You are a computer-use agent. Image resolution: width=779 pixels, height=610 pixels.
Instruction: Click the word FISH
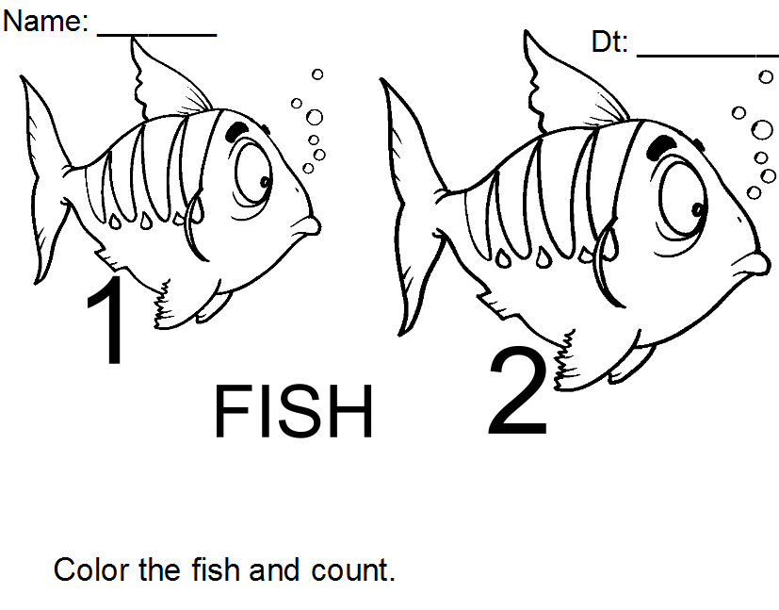coord(293,412)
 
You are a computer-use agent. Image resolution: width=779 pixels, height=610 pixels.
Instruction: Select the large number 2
coord(518,391)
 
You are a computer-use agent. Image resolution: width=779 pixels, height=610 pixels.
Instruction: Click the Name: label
coord(45,22)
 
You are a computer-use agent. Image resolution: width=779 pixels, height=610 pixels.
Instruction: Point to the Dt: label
coord(609,41)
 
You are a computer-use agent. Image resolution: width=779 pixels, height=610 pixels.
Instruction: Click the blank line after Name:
coord(157,35)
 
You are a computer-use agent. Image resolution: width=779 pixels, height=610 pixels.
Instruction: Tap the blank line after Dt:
coord(707,56)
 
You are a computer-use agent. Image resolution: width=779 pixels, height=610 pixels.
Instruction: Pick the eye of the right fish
coord(683,197)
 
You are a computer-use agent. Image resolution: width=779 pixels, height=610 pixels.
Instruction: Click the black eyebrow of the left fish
coord(236,131)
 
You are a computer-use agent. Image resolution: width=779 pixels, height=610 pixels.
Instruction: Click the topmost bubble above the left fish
coord(317,74)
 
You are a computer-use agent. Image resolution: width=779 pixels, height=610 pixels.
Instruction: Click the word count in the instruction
coord(353,570)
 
